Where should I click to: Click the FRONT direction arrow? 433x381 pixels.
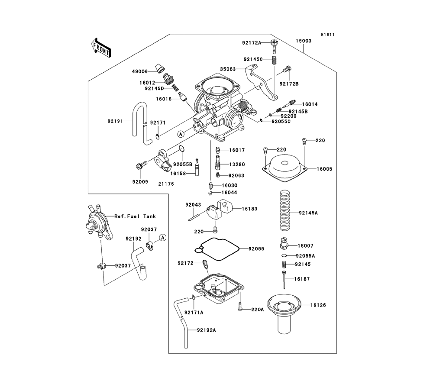pos(100,47)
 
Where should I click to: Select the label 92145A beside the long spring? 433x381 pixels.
pos(309,213)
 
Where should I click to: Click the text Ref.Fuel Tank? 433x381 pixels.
pos(135,216)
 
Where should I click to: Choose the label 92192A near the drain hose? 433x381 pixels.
pos(206,330)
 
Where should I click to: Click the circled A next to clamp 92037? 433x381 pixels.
pos(162,237)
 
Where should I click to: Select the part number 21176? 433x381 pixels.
pos(166,184)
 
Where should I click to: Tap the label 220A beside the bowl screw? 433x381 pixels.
pos(257,310)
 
